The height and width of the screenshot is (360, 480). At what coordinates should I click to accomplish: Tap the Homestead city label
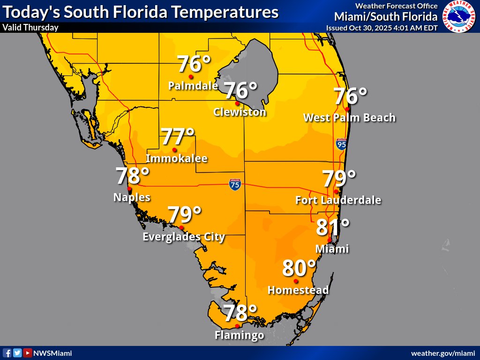[298, 290]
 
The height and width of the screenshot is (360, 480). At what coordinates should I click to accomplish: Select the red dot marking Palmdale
[191, 76]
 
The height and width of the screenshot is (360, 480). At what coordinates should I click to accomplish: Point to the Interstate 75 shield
[235, 184]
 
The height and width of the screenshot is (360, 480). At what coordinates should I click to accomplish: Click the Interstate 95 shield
[341, 144]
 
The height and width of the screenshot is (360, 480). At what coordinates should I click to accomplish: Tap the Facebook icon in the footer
[7, 353]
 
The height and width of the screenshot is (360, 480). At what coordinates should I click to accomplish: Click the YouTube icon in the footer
[28, 353]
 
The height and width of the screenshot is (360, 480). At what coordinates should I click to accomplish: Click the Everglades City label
[184, 237]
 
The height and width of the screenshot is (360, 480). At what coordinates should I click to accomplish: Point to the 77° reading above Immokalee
[178, 137]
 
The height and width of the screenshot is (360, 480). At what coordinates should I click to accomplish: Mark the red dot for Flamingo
[237, 326]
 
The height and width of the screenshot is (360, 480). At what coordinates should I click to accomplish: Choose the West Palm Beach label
[349, 117]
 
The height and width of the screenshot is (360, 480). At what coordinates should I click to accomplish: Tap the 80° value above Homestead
[299, 269]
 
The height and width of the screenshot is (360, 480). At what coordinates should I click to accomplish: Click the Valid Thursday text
[30, 27]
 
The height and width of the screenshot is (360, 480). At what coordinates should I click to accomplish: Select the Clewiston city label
[240, 112]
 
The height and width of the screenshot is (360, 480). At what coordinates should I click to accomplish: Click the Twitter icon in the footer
[17, 353]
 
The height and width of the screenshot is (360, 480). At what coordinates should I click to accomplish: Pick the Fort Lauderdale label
[338, 200]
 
